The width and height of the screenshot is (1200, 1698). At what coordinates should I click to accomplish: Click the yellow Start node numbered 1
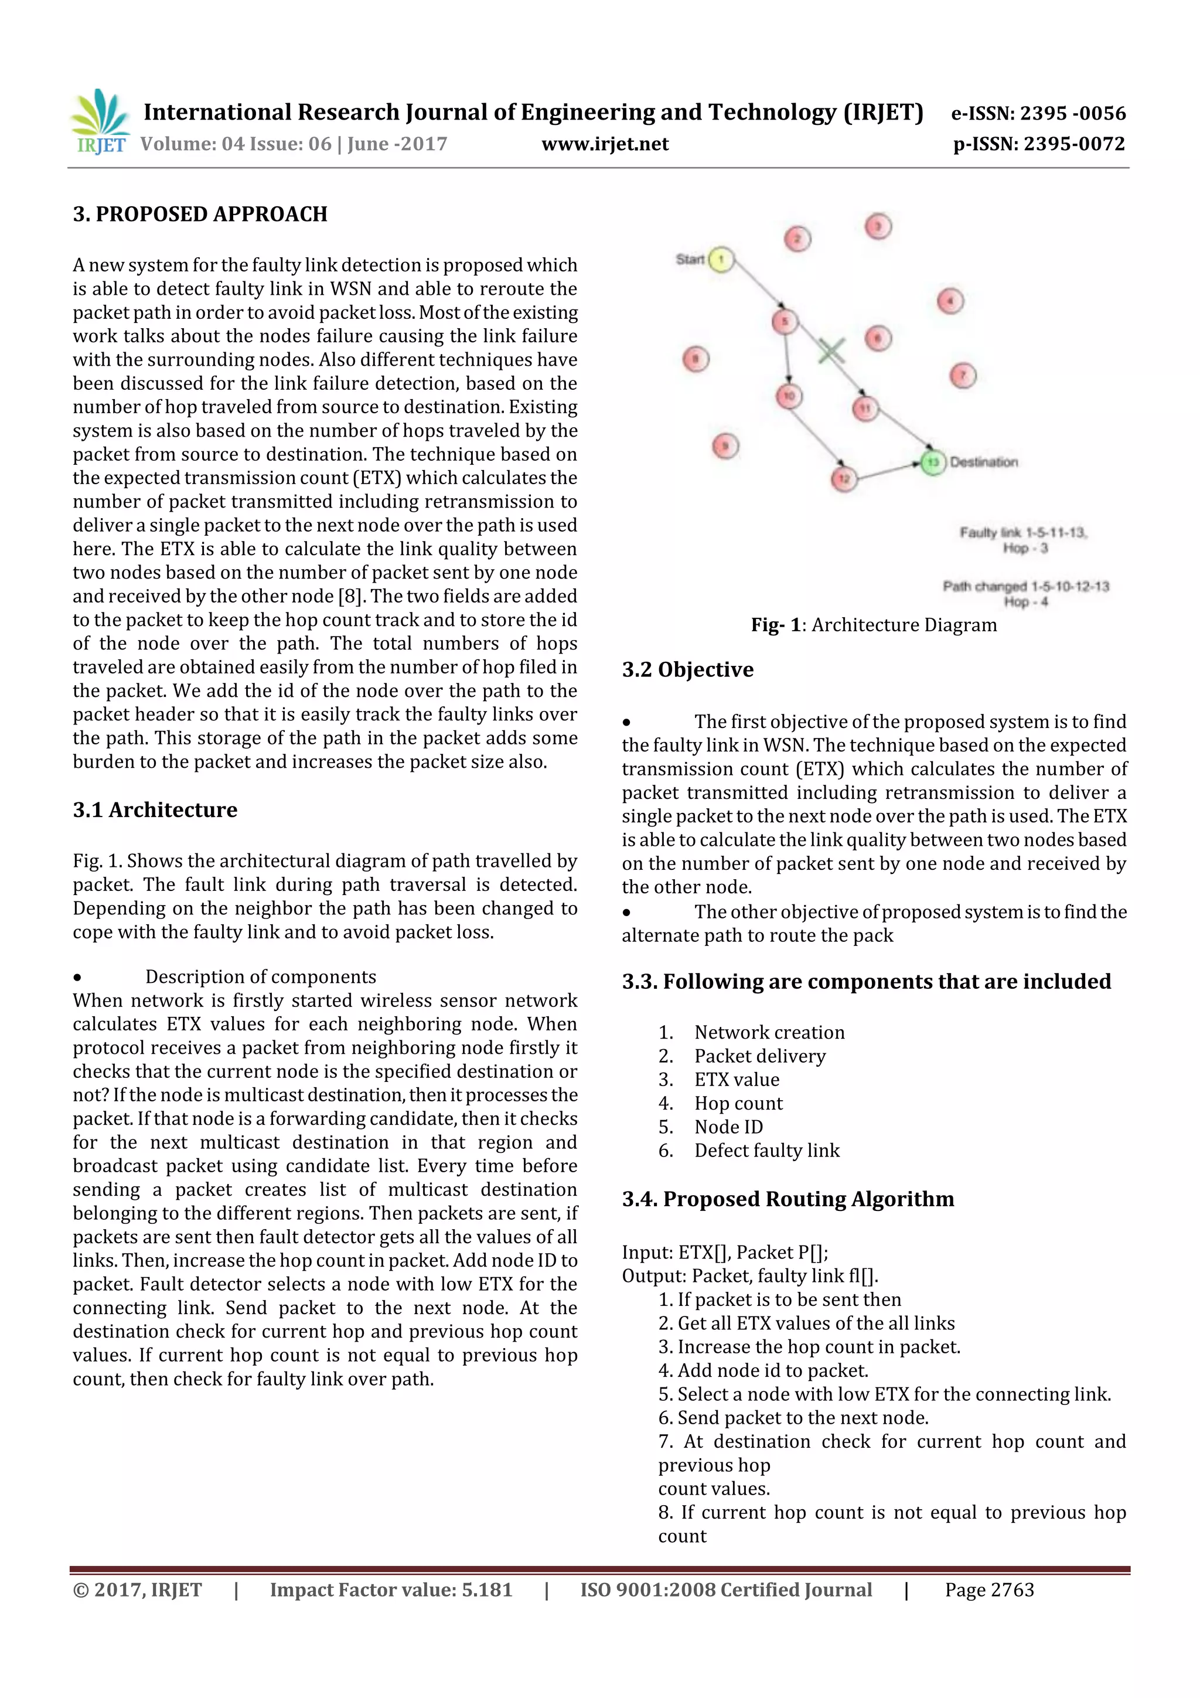[x=721, y=260]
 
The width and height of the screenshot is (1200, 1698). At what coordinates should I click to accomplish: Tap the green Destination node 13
[x=933, y=462]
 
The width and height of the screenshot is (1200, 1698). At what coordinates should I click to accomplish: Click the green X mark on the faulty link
[x=831, y=351]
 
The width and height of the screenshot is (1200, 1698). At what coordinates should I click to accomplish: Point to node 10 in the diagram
[x=789, y=396]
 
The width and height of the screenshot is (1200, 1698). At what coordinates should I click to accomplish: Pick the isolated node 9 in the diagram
[x=725, y=446]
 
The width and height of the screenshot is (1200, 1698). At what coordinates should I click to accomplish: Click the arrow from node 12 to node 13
[x=887, y=471]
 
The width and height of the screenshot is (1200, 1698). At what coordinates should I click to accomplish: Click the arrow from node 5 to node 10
[x=787, y=359]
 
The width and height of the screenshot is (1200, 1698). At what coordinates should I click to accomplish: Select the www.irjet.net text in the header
[x=605, y=144]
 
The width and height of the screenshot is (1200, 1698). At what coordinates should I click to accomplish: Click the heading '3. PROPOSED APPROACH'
[x=200, y=215]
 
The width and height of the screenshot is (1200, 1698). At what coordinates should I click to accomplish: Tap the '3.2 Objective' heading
[x=688, y=670]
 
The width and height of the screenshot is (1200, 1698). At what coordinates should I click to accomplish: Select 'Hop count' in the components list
[x=738, y=1104]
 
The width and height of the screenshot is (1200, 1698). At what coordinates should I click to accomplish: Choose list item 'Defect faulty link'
[x=767, y=1151]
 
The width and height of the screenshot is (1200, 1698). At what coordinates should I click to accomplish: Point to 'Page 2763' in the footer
[x=988, y=1590]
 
